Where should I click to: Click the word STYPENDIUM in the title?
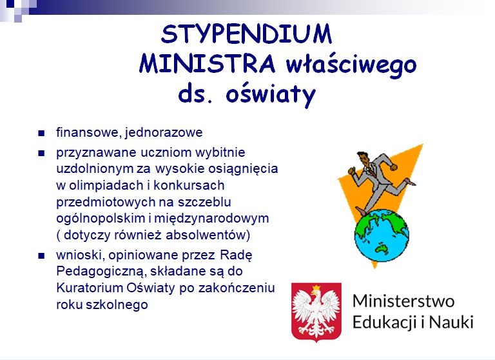[247, 34]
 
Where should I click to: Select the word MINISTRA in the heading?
[207, 63]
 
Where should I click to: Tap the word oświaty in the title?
[271, 94]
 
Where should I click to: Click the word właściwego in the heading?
[351, 65]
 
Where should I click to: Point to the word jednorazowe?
[164, 132]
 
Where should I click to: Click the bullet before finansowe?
[41, 133]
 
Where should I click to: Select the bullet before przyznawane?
[41, 154]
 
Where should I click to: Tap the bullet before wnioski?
[41, 255]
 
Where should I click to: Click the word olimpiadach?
[106, 186]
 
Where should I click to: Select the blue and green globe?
[382, 235]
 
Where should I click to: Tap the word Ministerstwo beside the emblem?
[403, 301]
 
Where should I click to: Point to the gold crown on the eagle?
[316, 288]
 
